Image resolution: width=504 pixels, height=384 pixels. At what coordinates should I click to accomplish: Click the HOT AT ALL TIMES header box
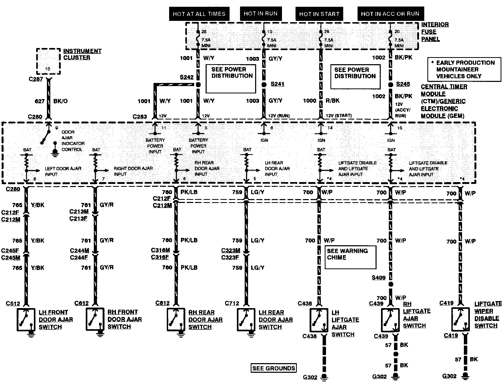tap(199, 14)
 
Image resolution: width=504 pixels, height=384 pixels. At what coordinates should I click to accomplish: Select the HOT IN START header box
tap(319, 14)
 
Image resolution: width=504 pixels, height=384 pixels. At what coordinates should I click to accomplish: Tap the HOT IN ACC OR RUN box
tap(390, 14)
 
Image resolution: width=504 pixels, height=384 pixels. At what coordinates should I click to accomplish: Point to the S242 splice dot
tap(198, 85)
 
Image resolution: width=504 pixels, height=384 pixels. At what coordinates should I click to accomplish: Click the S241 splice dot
tap(264, 85)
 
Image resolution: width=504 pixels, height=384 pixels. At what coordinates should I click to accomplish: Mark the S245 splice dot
tap(390, 85)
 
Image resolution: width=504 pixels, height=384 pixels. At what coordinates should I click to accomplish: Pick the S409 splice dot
tap(390, 284)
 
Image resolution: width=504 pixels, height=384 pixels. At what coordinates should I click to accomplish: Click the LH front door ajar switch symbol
tap(26, 320)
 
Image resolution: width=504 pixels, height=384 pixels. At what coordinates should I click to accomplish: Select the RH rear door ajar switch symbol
tap(176, 320)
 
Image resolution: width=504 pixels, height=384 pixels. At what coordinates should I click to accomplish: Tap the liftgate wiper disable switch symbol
tap(460, 319)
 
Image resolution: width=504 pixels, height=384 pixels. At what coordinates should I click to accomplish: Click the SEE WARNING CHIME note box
tap(350, 257)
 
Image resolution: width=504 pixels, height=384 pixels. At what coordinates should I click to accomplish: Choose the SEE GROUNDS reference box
tap(274, 368)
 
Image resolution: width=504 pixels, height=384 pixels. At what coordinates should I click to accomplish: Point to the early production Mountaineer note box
tap(464, 69)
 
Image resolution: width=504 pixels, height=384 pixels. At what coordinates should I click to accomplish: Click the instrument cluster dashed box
tap(48, 62)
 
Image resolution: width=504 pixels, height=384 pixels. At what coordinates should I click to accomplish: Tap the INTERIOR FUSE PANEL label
tap(435, 32)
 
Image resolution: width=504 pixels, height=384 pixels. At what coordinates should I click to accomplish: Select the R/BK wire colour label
tap(333, 101)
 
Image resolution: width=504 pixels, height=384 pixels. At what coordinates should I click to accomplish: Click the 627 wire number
tap(40, 101)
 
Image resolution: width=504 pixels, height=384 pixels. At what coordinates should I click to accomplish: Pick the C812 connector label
tap(162, 303)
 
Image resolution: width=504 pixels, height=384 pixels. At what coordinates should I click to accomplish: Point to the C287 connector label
tap(36, 79)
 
